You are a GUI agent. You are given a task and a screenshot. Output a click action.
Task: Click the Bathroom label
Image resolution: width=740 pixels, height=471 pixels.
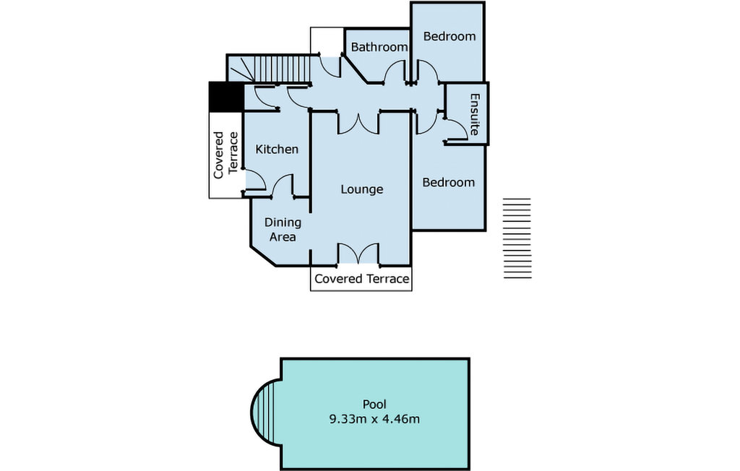[379, 47]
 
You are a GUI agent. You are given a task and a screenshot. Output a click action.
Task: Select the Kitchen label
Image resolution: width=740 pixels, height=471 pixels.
[277, 150]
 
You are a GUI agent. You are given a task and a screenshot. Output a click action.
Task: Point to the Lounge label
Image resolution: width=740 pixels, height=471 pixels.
[361, 189]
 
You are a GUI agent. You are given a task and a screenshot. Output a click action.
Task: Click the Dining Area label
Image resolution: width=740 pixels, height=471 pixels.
[282, 229]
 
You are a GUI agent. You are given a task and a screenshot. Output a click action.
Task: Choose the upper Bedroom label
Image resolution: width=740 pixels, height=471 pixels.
[449, 36]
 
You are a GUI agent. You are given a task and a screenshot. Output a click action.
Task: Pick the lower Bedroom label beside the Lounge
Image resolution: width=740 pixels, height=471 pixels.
[448, 182]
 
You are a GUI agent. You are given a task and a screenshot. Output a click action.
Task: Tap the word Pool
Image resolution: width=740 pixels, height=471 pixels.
[374, 404]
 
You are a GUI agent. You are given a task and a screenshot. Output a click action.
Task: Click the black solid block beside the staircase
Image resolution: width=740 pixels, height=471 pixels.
[225, 97]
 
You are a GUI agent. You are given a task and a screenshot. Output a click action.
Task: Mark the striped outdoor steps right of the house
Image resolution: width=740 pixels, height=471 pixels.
[517, 238]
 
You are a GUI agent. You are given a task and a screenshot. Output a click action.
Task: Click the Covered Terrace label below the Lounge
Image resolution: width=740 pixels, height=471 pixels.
[361, 279]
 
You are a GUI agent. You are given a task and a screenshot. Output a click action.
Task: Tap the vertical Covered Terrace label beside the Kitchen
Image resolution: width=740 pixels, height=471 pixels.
[225, 155]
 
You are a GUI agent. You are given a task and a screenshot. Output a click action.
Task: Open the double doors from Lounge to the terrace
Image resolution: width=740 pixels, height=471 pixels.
[358, 254]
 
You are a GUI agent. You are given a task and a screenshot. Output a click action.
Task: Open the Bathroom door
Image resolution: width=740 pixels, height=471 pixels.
[395, 74]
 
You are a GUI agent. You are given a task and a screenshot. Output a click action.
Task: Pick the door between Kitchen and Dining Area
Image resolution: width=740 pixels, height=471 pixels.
[281, 186]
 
